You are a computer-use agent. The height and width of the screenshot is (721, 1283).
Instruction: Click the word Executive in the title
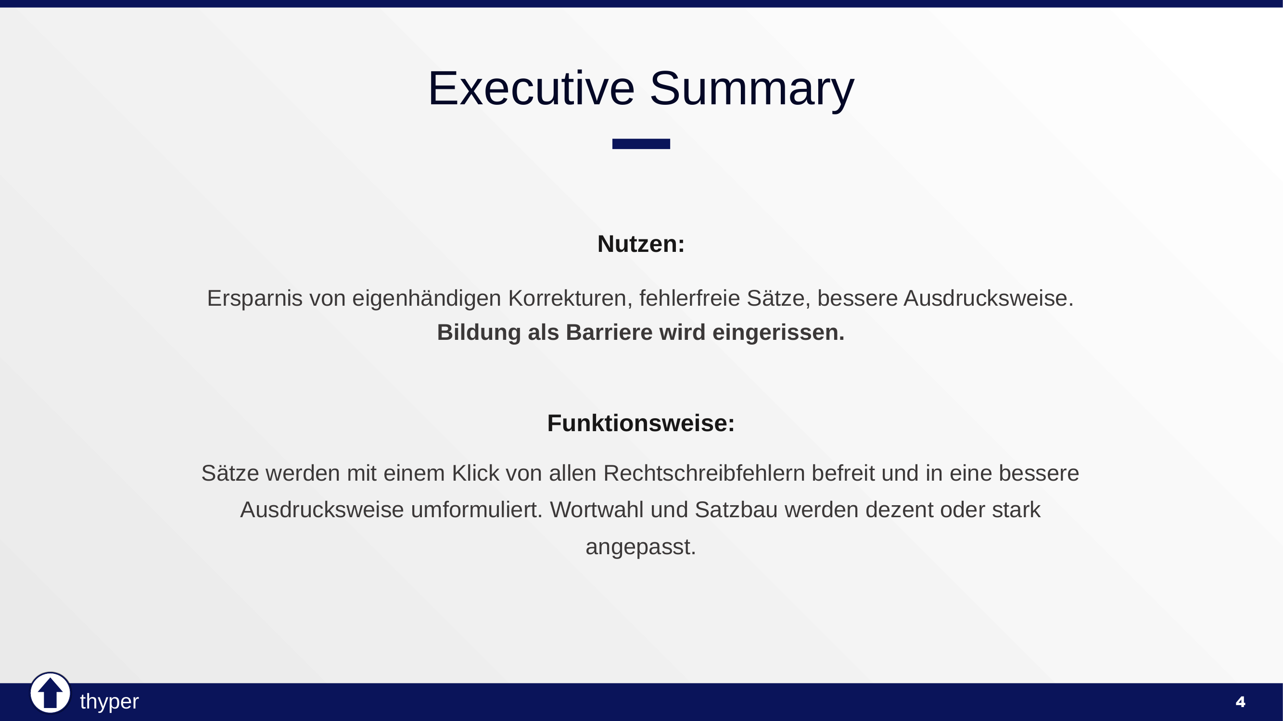pyautogui.click(x=531, y=88)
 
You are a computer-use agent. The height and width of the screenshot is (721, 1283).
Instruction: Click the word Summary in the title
pyautogui.click(x=752, y=88)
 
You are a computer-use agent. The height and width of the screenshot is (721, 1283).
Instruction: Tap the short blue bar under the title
pyautogui.click(x=641, y=144)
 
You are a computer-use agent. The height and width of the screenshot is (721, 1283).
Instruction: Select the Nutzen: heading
pyautogui.click(x=641, y=244)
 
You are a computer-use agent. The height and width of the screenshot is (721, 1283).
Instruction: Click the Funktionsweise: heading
pyautogui.click(x=641, y=423)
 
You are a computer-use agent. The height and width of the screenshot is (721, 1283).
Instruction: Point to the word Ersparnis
pyautogui.click(x=254, y=298)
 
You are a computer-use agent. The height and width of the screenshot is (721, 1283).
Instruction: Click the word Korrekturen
pyautogui.click(x=570, y=298)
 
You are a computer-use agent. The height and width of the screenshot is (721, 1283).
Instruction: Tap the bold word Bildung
pyautogui.click(x=479, y=333)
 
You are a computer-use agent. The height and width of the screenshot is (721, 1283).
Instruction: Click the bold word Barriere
pyautogui.click(x=609, y=333)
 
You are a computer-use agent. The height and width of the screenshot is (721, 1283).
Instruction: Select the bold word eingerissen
pyautogui.click(x=778, y=333)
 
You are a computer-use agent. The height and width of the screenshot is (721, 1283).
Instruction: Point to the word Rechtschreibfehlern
pyautogui.click(x=704, y=473)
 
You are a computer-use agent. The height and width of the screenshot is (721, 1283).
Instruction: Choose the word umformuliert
pyautogui.click(x=476, y=510)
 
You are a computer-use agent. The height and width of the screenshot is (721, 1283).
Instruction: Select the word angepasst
pyautogui.click(x=640, y=547)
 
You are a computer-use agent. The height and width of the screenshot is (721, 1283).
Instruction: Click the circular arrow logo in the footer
pyautogui.click(x=51, y=693)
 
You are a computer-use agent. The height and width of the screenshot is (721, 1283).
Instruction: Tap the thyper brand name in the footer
pyautogui.click(x=109, y=702)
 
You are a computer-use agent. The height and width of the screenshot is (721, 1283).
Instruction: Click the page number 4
pyautogui.click(x=1240, y=702)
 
